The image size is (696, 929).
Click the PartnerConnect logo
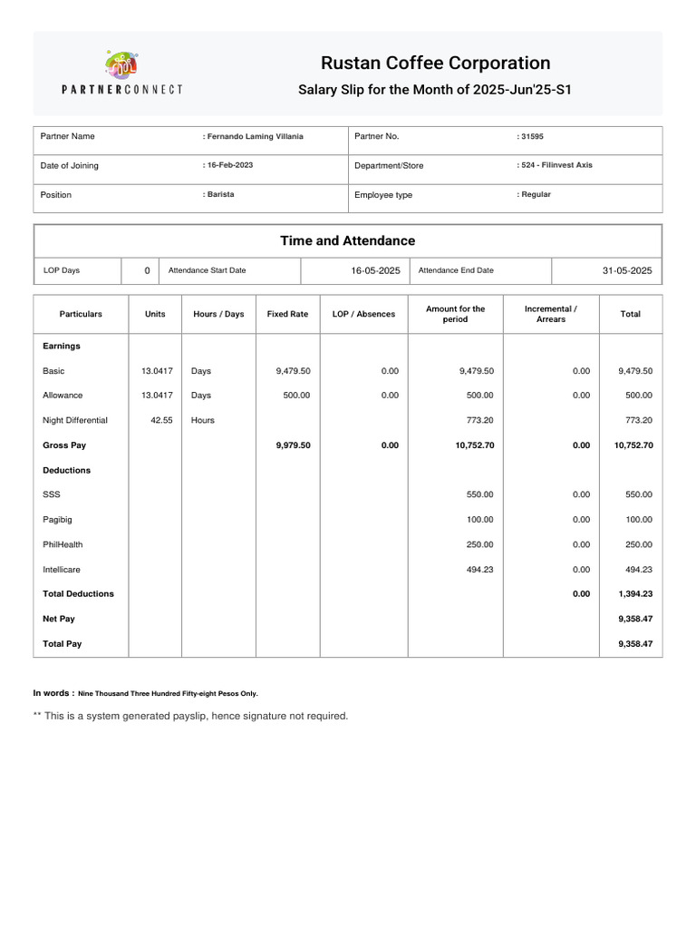coord(121,73)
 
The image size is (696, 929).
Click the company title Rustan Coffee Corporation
coord(435,63)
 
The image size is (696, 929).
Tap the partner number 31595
coord(532,136)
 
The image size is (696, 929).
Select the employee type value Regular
coord(536,194)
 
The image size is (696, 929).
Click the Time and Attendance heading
coord(348,240)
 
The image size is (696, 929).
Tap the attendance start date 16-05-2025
coord(375,270)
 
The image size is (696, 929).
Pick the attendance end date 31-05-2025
coord(627,270)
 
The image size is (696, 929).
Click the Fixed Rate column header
coord(287,314)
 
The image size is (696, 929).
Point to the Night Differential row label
coord(75,420)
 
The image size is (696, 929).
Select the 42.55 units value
coord(161,420)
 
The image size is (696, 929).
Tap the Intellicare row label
coord(63,569)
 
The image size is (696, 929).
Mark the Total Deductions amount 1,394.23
coord(635,593)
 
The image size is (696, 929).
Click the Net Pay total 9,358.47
coord(635,618)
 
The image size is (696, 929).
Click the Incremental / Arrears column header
coord(550,314)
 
